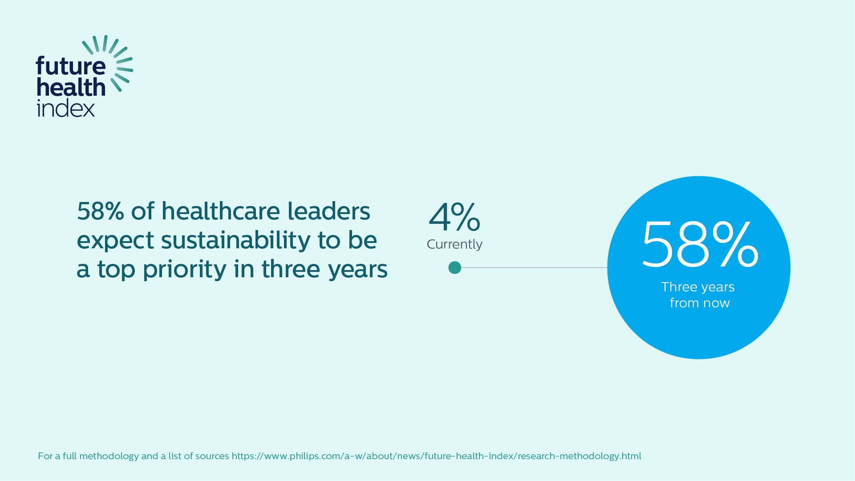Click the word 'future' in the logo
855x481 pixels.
tap(70, 66)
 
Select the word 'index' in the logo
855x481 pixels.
tap(65, 108)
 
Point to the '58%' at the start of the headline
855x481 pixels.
tap(100, 211)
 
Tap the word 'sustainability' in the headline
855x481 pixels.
tap(235, 240)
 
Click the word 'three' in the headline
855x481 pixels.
tap(291, 269)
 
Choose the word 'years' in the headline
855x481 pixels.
tap(358, 270)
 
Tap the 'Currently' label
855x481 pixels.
tap(454, 244)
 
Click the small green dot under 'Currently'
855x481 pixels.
tap(454, 267)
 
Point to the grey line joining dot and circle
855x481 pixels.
tap(534, 267)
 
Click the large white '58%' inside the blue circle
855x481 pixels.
tap(700, 245)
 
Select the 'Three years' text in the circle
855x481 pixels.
tap(698, 287)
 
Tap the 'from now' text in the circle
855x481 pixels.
tap(700, 303)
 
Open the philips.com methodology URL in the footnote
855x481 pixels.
tap(436, 456)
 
